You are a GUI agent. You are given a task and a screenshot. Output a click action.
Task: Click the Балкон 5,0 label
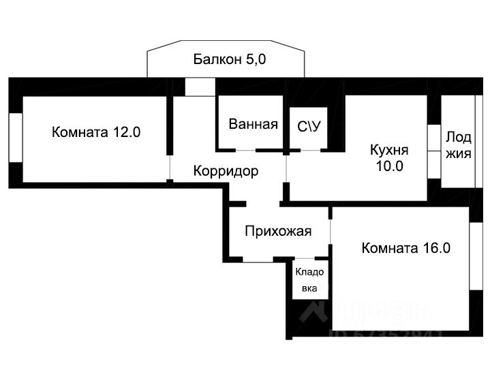(229, 60)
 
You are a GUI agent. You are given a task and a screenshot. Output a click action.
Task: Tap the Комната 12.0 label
(96, 132)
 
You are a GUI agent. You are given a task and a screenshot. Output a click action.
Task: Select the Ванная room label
(253, 124)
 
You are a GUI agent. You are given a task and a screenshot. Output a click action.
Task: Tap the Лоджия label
(458, 144)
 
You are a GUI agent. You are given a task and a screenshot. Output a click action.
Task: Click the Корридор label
(226, 171)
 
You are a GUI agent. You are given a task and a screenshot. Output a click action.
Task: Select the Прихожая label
(278, 231)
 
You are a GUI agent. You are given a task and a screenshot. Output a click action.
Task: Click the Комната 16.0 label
(406, 248)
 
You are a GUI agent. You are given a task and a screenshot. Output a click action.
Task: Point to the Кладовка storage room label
(309, 279)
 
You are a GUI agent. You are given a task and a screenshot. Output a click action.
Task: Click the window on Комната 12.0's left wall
(16, 137)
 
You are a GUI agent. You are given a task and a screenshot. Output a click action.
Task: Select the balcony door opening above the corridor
(200, 87)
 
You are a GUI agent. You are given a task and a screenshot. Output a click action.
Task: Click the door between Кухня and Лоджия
(433, 150)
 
